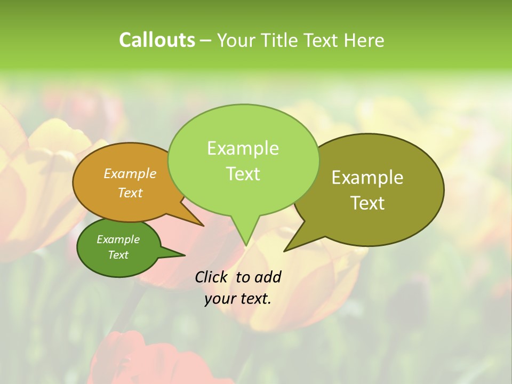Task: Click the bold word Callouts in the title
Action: [157, 40]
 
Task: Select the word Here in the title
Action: [365, 40]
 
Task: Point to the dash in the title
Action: [206, 41]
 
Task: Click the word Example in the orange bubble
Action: [130, 173]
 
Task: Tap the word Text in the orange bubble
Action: [130, 193]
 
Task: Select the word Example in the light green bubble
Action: [243, 148]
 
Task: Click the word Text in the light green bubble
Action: [243, 174]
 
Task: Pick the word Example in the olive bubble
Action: [367, 178]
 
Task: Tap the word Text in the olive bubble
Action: [367, 203]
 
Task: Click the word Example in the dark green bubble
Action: [118, 239]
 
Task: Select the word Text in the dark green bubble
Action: [118, 255]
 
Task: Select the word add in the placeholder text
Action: [268, 277]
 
